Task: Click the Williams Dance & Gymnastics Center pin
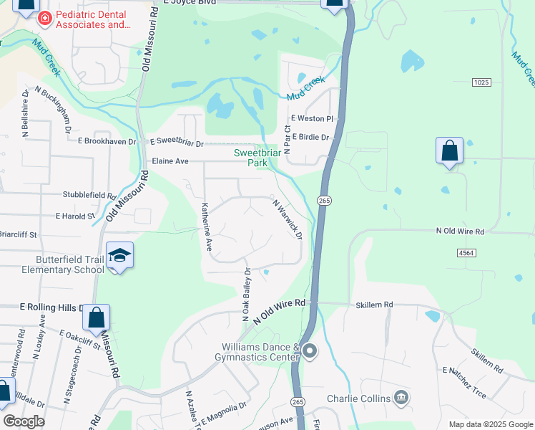click(x=310, y=351)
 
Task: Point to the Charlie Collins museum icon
click(x=401, y=398)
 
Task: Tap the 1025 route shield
click(x=481, y=83)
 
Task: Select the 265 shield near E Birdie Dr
click(x=324, y=201)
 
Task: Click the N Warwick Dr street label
click(x=288, y=219)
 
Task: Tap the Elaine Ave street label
click(x=170, y=162)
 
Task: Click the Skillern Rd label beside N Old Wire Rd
click(x=375, y=305)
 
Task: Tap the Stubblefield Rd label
click(x=89, y=195)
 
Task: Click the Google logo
click(x=24, y=421)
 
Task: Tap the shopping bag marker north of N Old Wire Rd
click(x=449, y=152)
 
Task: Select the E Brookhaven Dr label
click(x=106, y=142)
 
